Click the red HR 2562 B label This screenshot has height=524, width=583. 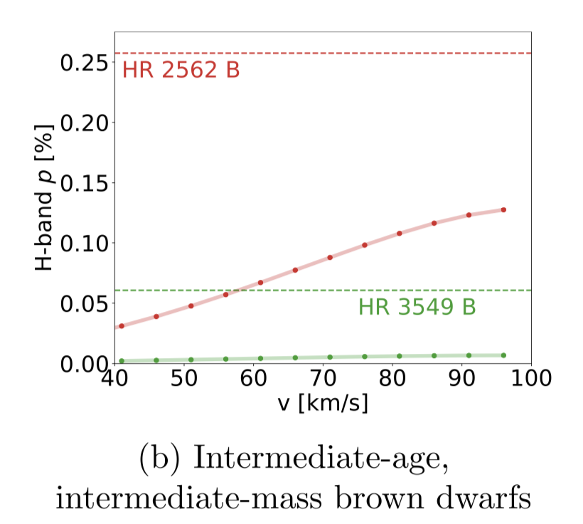181,71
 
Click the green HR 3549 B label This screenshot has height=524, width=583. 417,308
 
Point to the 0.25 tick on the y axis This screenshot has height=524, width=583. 84,63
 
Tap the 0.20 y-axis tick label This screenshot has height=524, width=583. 84,123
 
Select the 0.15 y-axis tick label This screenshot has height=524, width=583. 84,183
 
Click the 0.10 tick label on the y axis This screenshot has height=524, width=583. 84,243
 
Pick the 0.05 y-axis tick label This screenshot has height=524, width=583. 84,303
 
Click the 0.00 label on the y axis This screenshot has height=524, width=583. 84,364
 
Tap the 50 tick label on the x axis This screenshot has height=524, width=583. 185,378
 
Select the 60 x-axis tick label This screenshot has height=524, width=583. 254,378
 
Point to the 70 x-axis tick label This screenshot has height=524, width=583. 323,378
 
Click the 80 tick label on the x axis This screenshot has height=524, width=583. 393,378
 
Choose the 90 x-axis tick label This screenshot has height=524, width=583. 462,378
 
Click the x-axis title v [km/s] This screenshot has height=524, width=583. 323,404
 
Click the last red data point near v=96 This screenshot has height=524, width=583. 503,210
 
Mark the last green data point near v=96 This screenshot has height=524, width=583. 503,355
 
